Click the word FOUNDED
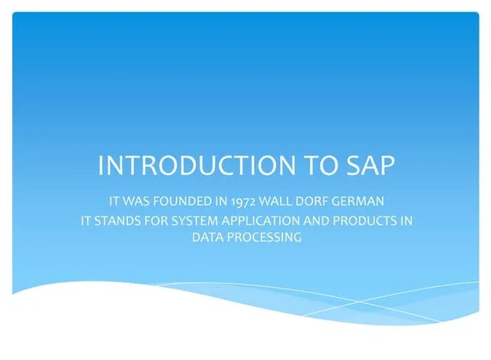[185, 203]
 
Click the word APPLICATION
[264, 222]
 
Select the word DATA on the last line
[207, 238]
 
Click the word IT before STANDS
[87, 222]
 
